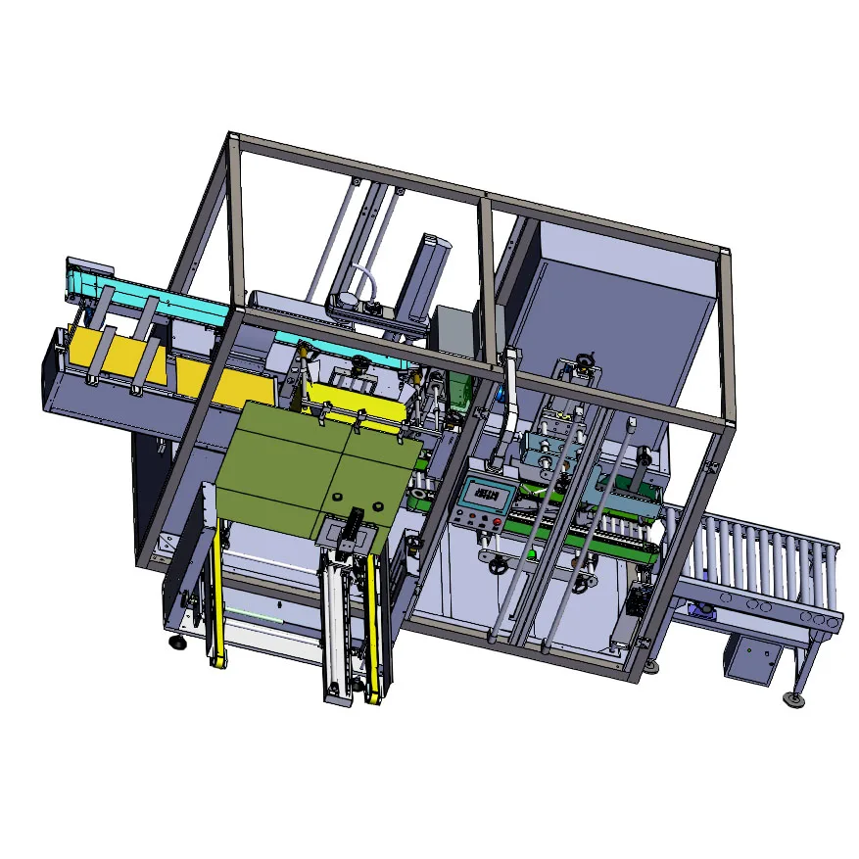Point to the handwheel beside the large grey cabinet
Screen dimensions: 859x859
(586, 365)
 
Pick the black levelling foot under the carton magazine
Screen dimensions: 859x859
(177, 642)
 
